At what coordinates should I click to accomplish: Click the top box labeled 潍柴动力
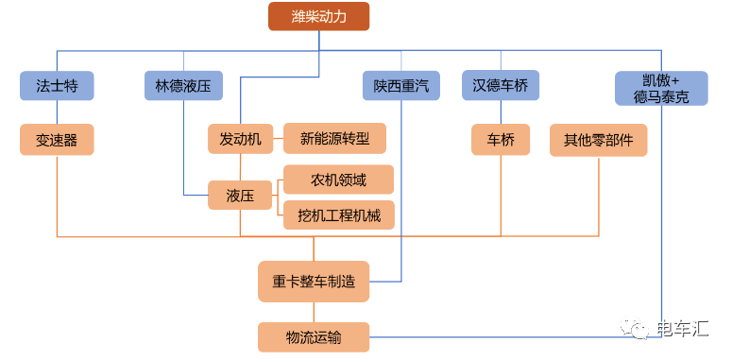pyautogui.click(x=318, y=17)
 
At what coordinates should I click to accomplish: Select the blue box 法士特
pyautogui.click(x=57, y=86)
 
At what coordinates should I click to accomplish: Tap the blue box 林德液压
pyautogui.click(x=183, y=86)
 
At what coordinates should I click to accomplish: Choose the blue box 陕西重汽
pyautogui.click(x=401, y=86)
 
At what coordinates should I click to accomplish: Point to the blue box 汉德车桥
pyautogui.click(x=501, y=86)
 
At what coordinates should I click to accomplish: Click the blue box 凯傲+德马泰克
pyautogui.click(x=660, y=87)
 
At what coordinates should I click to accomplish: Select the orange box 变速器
pyautogui.click(x=57, y=140)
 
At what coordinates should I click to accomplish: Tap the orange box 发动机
pyautogui.click(x=240, y=139)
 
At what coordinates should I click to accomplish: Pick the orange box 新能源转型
pyautogui.click(x=335, y=139)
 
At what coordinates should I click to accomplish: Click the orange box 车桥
pyautogui.click(x=501, y=140)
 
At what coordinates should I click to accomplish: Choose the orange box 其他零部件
pyautogui.click(x=599, y=140)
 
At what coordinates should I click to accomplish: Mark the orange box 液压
pyautogui.click(x=240, y=196)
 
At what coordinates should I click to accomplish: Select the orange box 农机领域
pyautogui.click(x=338, y=179)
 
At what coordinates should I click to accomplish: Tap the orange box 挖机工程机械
pyautogui.click(x=338, y=215)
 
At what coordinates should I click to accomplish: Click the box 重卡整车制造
pyautogui.click(x=314, y=281)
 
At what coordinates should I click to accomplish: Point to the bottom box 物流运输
pyautogui.click(x=314, y=336)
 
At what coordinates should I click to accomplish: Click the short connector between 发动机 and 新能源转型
pyautogui.click(x=278, y=139)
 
